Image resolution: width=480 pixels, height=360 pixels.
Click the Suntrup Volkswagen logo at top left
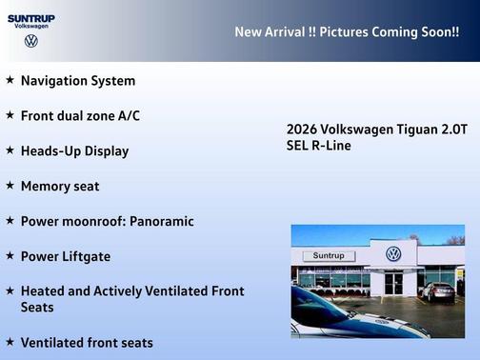30,29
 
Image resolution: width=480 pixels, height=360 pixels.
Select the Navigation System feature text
78,81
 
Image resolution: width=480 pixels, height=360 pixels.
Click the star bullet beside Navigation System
10,81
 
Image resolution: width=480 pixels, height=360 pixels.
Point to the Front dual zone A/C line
80,115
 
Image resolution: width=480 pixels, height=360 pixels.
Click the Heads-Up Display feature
74,150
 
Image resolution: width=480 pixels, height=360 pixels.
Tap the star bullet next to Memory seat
10,186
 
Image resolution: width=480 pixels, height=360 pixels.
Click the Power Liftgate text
66,256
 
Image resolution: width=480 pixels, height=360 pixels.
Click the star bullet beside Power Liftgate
10,256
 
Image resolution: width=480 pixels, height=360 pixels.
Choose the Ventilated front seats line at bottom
86,342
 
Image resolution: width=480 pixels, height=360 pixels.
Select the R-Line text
330,146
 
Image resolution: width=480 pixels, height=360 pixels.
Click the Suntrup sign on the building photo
328,256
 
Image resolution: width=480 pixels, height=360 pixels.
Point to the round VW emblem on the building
393,253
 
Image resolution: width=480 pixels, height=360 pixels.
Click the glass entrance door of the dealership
393,283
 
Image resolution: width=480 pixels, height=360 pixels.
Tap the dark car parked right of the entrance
439,290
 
